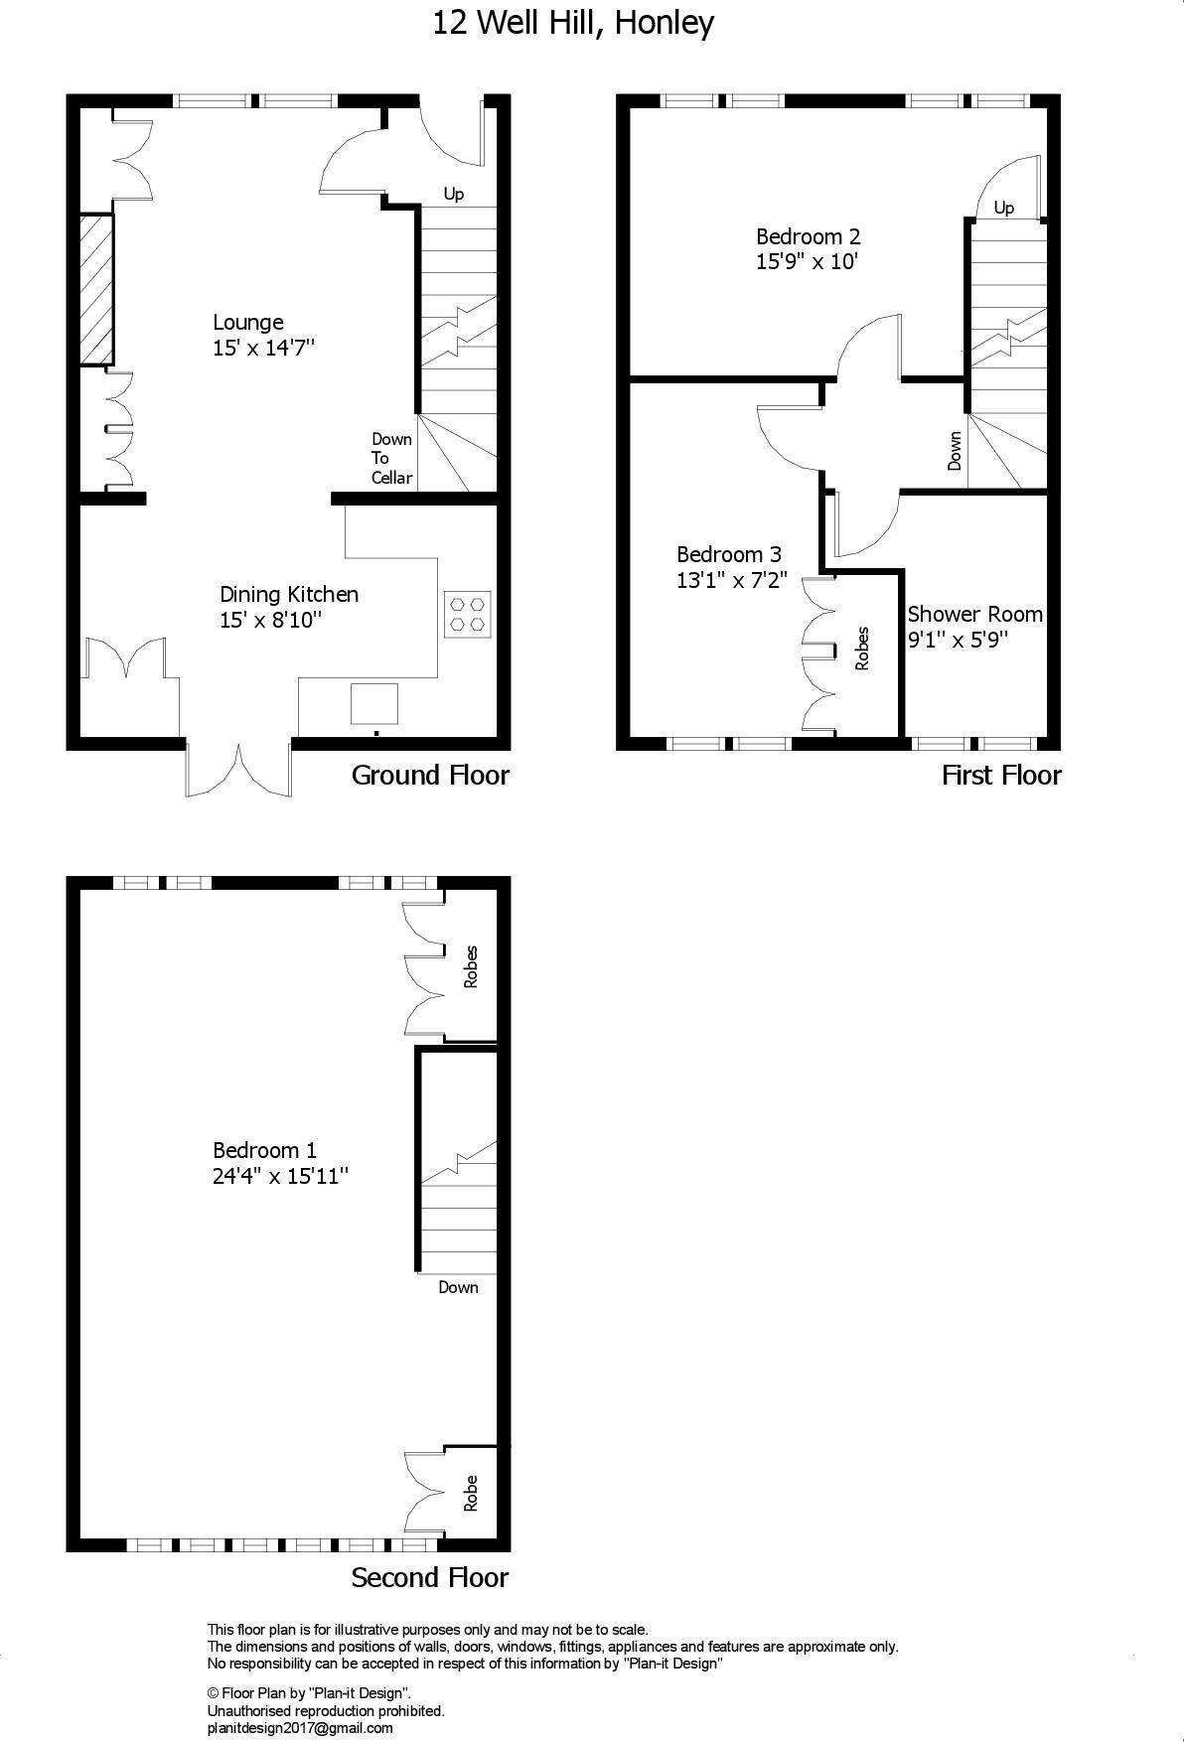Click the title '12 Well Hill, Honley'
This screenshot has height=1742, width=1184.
573,23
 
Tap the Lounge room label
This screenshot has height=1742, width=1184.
248,323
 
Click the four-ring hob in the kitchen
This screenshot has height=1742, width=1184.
467,614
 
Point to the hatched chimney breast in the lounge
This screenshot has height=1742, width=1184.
96,289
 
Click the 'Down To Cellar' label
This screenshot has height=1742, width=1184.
391,458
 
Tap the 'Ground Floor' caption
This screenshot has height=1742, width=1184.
430,776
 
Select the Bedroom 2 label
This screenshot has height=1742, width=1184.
808,236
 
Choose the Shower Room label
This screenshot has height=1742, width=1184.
974,614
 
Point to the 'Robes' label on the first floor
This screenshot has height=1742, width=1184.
862,648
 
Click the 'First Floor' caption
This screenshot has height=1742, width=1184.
1001,776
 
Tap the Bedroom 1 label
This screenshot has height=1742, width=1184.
264,1150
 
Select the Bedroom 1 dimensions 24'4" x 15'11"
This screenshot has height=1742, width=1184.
280,1176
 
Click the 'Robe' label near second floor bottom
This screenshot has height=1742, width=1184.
471,1493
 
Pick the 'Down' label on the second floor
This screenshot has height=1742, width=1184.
458,1287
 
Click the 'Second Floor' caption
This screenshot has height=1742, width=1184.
430,1578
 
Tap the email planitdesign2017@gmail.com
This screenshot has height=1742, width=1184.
300,1728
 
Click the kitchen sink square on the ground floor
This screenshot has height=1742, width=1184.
374,703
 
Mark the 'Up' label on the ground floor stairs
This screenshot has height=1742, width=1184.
453,194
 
